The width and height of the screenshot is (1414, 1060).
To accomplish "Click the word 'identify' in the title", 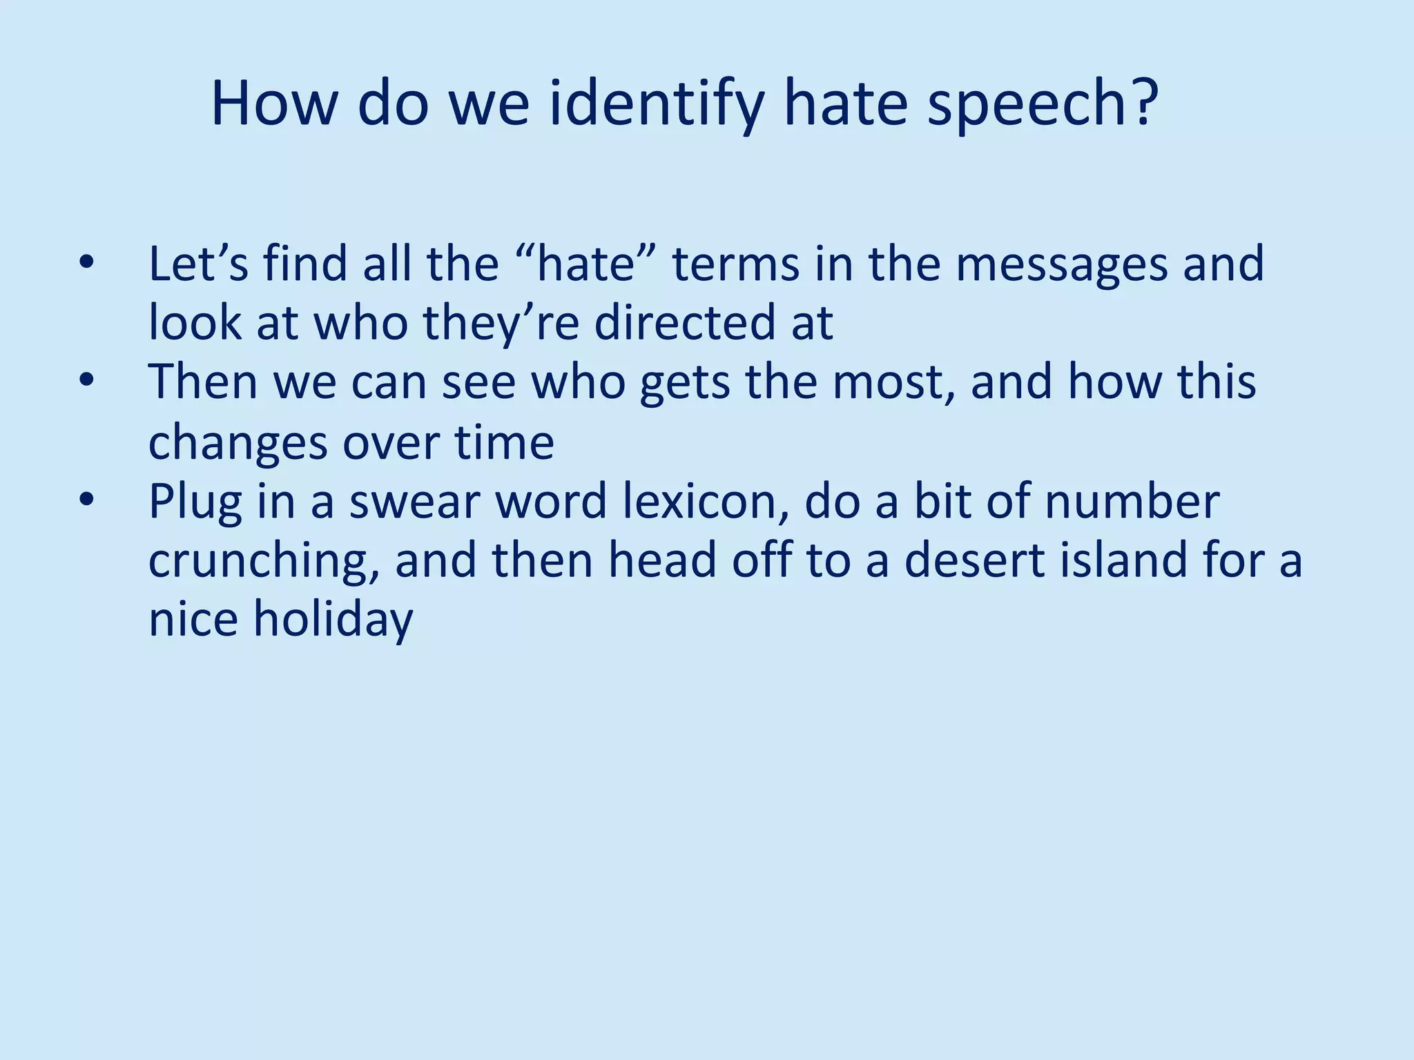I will pyautogui.click(x=656, y=105).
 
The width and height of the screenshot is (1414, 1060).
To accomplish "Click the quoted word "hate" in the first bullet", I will pyautogui.click(x=585, y=264).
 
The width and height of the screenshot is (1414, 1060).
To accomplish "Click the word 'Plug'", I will pyautogui.click(x=195, y=502).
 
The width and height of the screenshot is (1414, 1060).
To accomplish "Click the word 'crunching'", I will pyautogui.click(x=263, y=560).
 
